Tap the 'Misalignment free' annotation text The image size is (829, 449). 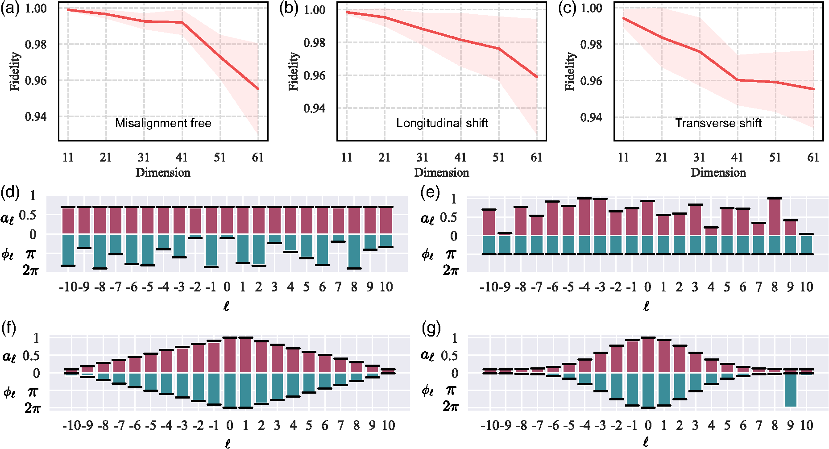[163, 123]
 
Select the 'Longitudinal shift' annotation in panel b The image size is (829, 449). [442, 123]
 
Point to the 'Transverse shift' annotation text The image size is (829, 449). [718, 123]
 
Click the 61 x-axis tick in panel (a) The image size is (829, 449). [257, 157]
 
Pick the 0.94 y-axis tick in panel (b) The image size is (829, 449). [314, 108]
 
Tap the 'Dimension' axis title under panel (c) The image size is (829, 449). [718, 172]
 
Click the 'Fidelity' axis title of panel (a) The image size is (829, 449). [15, 71]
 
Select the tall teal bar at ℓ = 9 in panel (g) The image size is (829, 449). [791, 390]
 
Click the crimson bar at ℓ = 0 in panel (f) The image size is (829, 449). [230, 355]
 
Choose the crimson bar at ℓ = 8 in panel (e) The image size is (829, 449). [775, 217]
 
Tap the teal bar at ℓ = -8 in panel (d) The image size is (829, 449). [100, 251]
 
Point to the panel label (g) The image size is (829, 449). [431, 329]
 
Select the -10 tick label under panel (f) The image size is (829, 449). [70, 425]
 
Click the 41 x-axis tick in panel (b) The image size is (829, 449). [460, 157]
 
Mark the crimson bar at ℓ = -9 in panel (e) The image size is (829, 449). [505, 234]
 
